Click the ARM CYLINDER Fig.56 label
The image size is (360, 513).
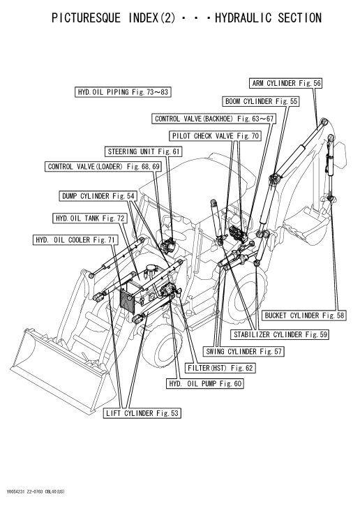click(286, 83)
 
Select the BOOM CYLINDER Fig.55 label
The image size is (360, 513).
click(261, 101)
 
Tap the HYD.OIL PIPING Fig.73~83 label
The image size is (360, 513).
click(123, 92)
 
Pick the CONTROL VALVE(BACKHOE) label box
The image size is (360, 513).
click(214, 119)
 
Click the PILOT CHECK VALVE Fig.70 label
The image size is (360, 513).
click(216, 136)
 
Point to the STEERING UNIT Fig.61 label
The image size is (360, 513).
click(144, 151)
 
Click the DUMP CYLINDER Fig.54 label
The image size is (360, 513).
click(98, 196)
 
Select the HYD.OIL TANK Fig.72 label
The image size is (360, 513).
click(90, 218)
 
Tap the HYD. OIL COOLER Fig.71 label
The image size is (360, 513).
click(75, 240)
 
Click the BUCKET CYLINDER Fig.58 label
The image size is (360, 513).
click(304, 315)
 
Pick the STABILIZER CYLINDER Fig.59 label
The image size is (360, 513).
click(280, 334)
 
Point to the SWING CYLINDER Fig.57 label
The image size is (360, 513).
click(243, 351)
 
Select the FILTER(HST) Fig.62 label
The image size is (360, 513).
click(220, 368)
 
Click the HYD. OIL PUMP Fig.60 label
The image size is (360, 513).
click(204, 383)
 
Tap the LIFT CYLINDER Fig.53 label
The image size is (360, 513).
click(142, 413)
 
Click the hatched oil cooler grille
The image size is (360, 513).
click(130, 300)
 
